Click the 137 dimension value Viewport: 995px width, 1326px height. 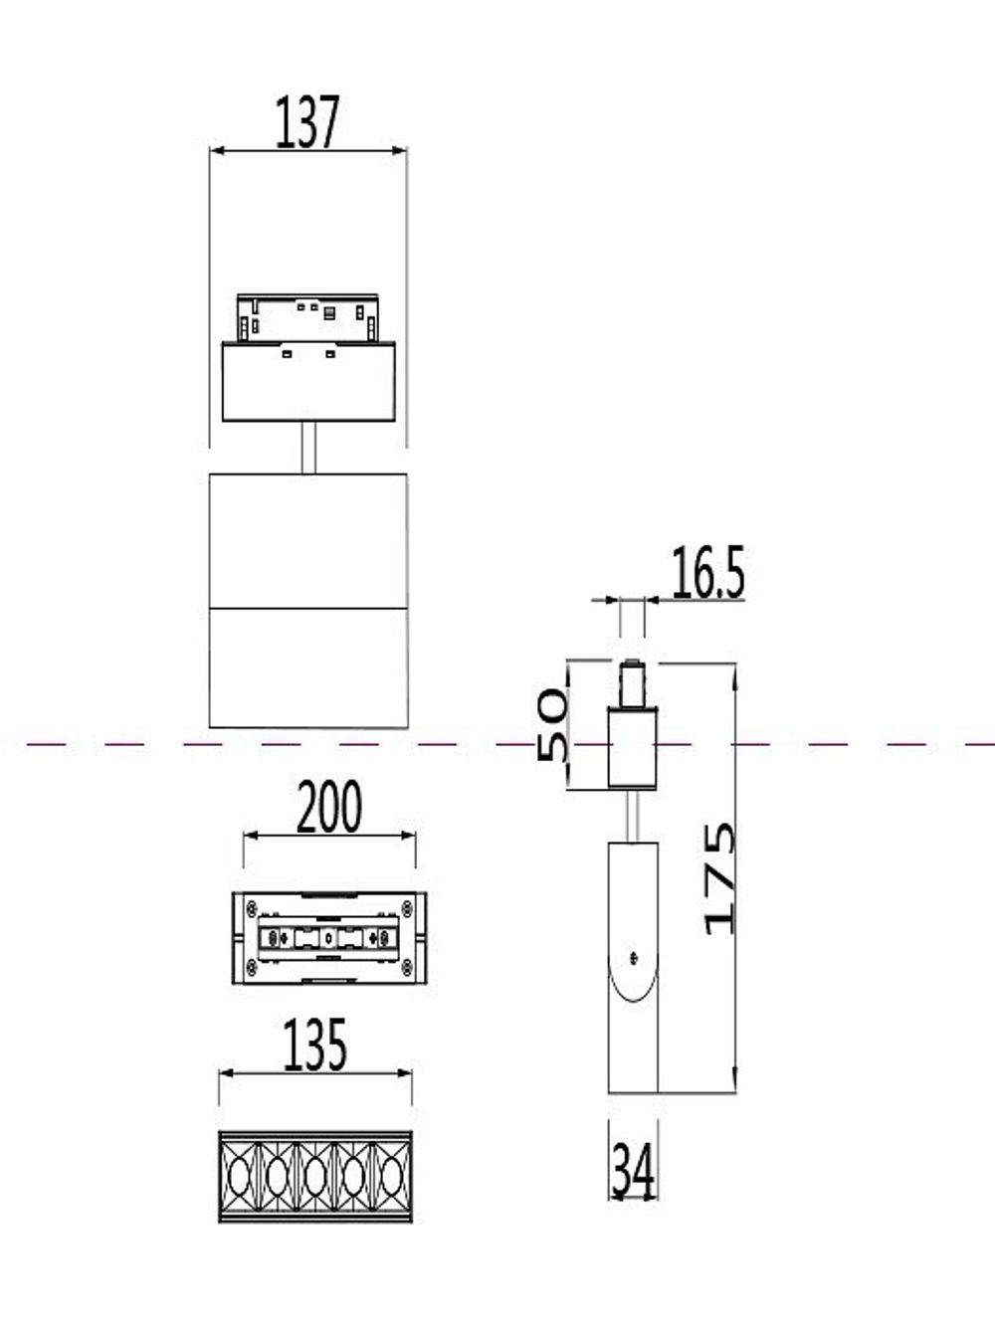point(307,122)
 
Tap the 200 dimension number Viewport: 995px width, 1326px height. point(329,808)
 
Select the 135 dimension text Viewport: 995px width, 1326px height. point(315,1044)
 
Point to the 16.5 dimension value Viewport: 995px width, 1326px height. point(707,573)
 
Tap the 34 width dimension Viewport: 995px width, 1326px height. point(633,1170)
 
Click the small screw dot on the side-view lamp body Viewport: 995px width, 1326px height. point(633,957)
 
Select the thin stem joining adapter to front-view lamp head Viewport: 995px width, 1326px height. point(308,447)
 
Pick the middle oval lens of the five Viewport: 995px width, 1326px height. point(315,1177)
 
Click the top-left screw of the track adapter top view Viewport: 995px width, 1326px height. point(252,906)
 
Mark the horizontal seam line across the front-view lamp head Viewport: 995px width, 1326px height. point(308,606)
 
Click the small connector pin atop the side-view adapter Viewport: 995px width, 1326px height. point(631,681)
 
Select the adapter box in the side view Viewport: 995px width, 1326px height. point(633,747)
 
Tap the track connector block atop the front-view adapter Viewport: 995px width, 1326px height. point(307,317)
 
